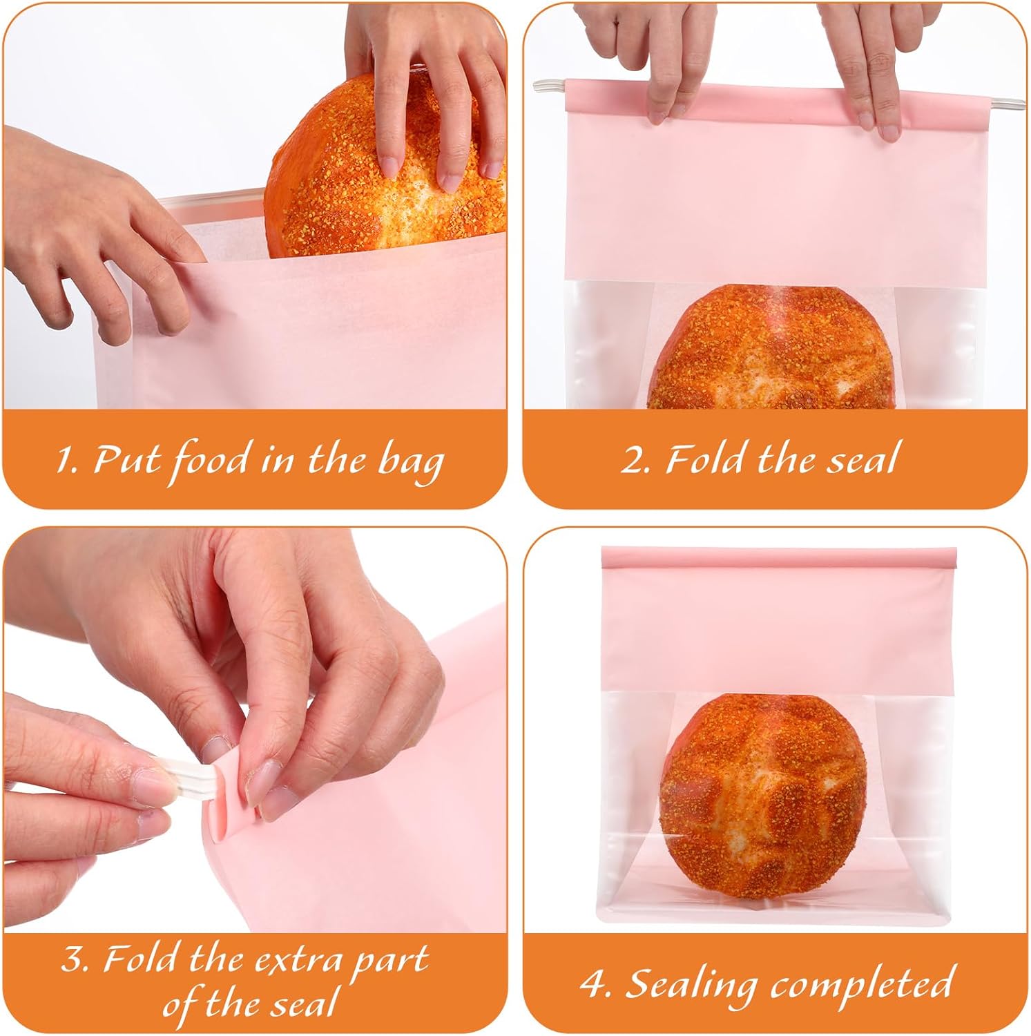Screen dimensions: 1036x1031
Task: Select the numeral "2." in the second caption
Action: coord(634,459)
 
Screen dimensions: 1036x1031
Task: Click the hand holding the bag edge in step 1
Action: coord(97,249)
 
